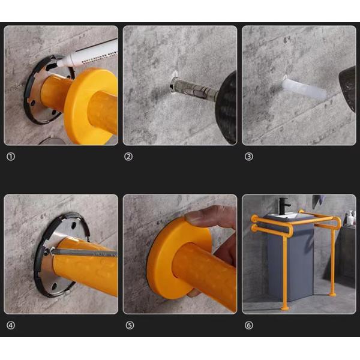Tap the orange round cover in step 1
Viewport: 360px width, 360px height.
pyautogui.click(x=90, y=105)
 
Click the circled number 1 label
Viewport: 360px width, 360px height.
pyautogui.click(x=10, y=157)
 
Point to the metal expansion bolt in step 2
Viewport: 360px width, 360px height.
pyautogui.click(x=192, y=91)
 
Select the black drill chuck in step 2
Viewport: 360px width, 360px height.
pyautogui.click(x=227, y=108)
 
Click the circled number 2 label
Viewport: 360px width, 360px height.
pyautogui.click(x=128, y=157)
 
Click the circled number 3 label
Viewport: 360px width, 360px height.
pyautogui.click(x=248, y=157)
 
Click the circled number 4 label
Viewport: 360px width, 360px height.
pyautogui.click(x=10, y=326)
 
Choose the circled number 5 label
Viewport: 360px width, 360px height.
pyautogui.click(x=128, y=326)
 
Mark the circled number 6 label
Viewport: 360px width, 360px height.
pyautogui.click(x=248, y=326)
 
